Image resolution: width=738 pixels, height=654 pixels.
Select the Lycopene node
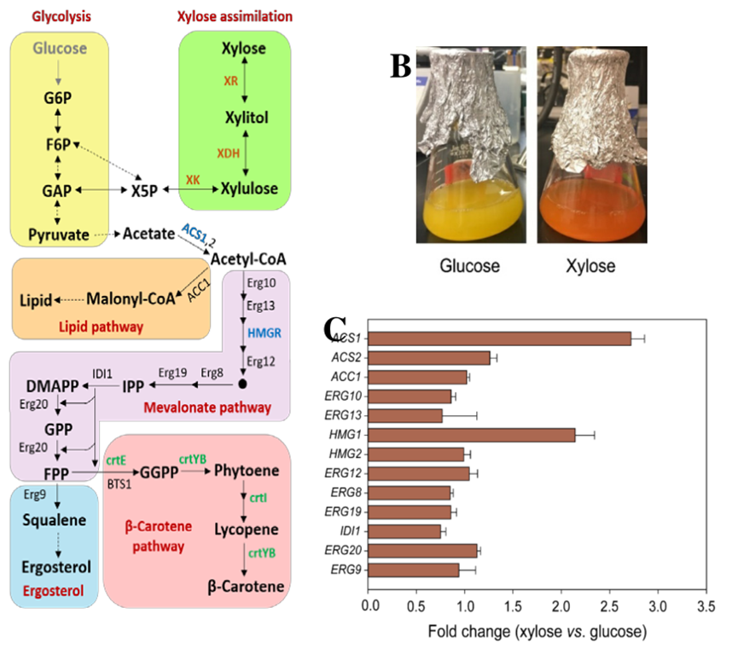click(246, 529)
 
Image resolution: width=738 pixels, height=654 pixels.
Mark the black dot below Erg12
click(244, 385)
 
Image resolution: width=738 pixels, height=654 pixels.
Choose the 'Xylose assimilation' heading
click(235, 16)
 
